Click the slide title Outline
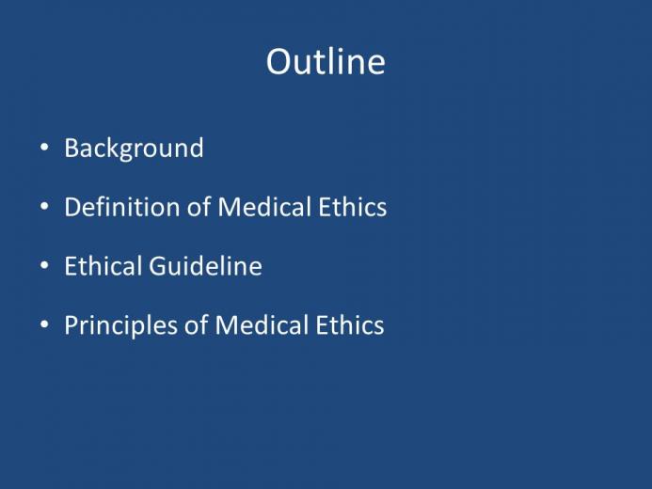[326, 61]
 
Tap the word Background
[134, 149]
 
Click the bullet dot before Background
[44, 148]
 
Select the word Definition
[122, 207]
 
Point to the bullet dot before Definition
[44, 207]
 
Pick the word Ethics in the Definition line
[353, 207]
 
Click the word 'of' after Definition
[199, 207]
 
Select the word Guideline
[205, 266]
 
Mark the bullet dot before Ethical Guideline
[44, 265]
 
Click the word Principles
[121, 325]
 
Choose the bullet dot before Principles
[44, 324]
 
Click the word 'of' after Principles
[197, 324]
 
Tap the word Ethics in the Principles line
[350, 324]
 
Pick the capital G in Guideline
[158, 266]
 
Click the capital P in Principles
[72, 324]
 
